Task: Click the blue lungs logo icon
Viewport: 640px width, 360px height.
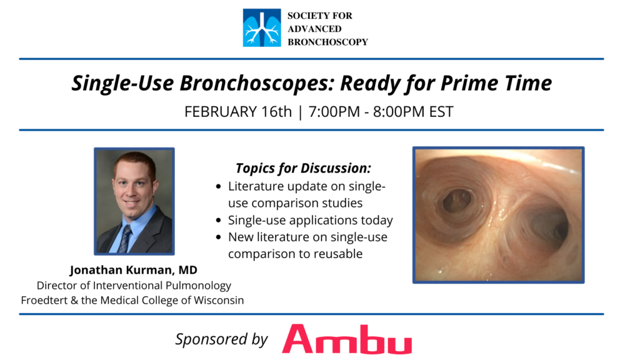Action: [262, 27]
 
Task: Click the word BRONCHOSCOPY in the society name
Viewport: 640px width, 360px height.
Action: [327, 42]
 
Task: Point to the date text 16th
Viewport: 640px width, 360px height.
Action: [276, 111]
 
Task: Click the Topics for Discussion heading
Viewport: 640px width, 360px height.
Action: [303, 168]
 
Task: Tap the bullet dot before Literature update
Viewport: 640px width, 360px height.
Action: [219, 187]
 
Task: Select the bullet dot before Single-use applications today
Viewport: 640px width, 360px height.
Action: [219, 221]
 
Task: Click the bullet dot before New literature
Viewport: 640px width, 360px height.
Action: [219, 237]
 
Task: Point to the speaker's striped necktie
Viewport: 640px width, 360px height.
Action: [125, 238]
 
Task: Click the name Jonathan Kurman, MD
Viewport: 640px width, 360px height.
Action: [134, 270]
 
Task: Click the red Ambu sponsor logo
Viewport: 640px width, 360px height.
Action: [347, 339]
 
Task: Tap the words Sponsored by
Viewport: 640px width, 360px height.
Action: [222, 339]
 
